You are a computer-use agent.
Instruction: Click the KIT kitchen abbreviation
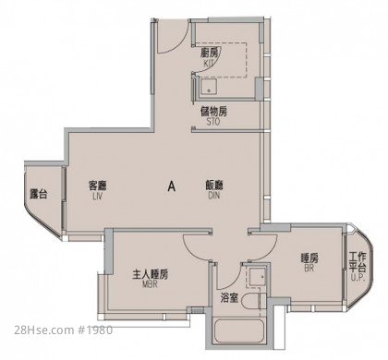[x=209, y=64]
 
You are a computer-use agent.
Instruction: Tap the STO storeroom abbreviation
[x=213, y=122]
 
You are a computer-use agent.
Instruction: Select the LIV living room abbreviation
[x=97, y=197]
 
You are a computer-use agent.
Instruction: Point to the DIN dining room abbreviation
[x=214, y=196]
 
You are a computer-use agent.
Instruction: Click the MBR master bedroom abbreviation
[x=150, y=284]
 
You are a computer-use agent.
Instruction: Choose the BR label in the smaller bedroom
[x=309, y=269]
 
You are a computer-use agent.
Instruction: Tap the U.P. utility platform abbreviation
[x=358, y=278]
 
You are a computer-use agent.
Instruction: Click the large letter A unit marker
[x=172, y=186]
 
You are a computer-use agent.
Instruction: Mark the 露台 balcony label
[x=39, y=194]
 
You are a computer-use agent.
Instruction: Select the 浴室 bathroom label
[x=229, y=298]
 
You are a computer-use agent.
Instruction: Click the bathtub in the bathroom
[x=239, y=331]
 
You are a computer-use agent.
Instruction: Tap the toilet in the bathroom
[x=253, y=301]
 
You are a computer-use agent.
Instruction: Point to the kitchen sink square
[x=209, y=87]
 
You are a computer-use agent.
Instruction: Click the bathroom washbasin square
[x=257, y=277]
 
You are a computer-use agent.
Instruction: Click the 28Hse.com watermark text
[x=43, y=330]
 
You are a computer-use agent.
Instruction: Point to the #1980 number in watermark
[x=94, y=330]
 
